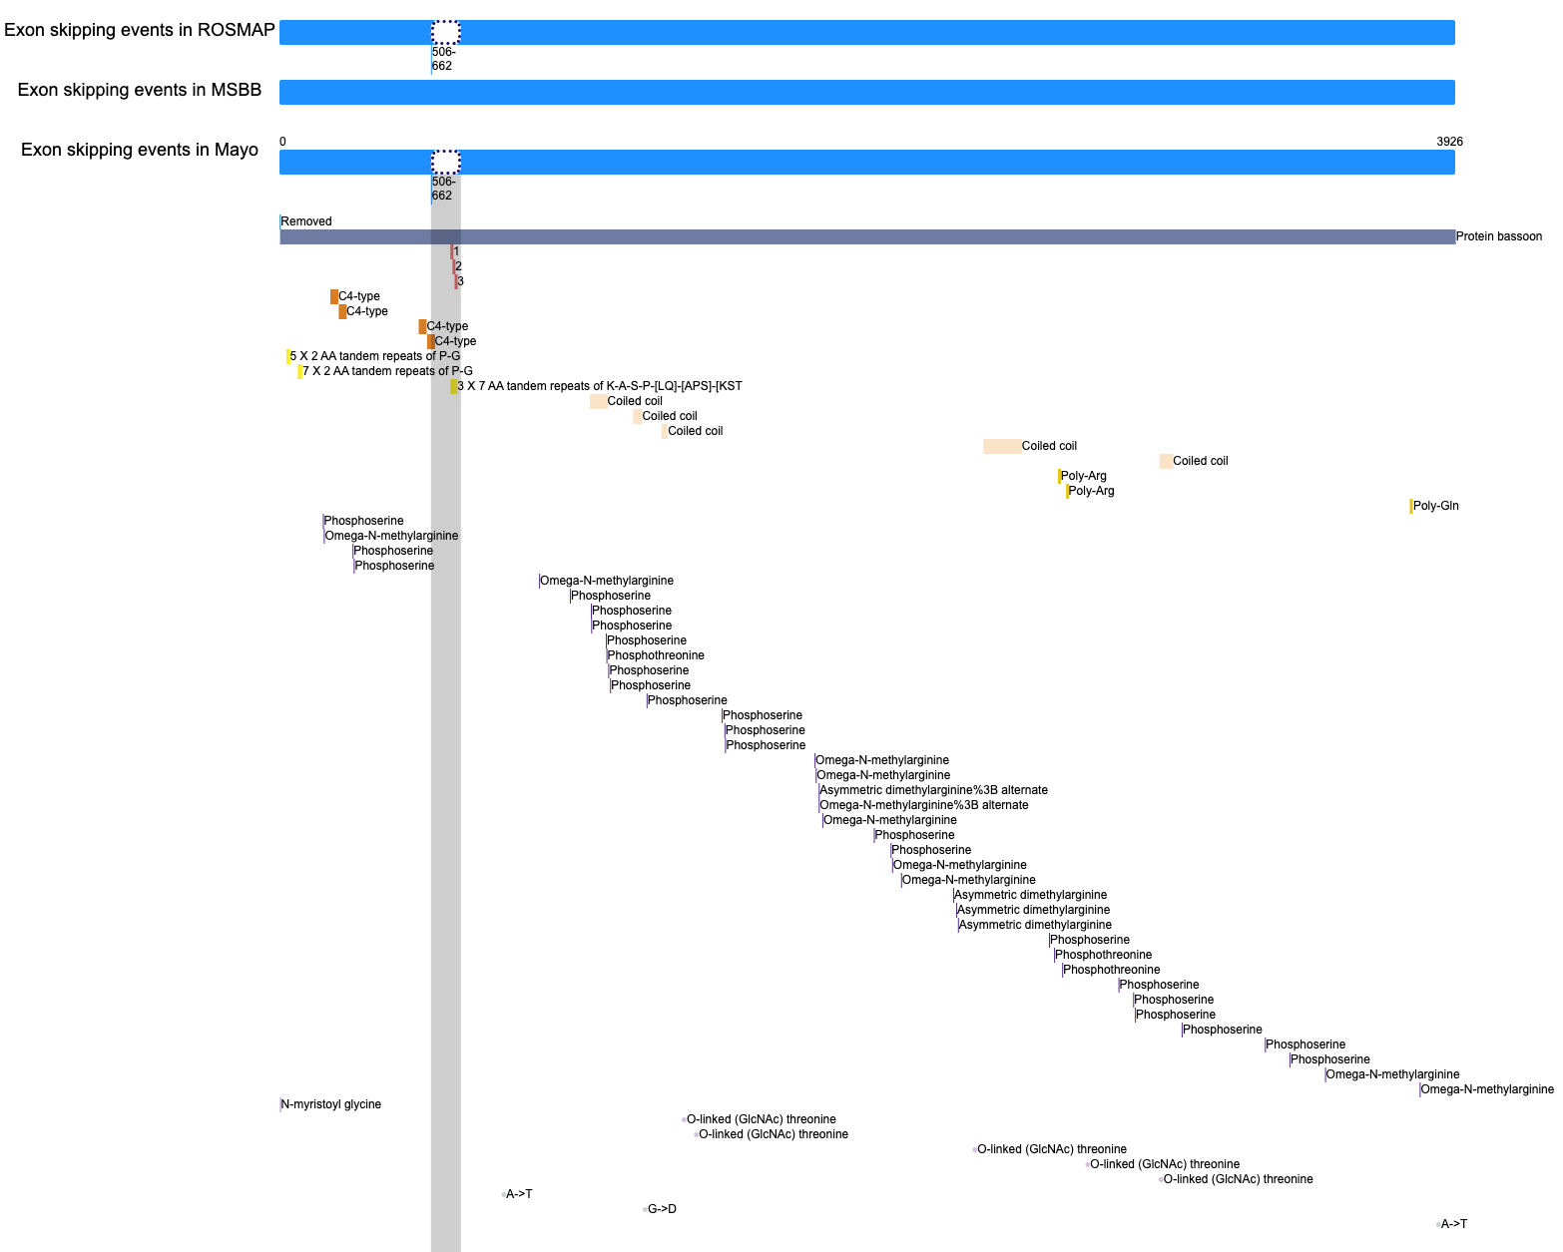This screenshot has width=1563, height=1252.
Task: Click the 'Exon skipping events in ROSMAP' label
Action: [140, 30]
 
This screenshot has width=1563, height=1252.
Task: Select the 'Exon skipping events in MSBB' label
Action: [140, 90]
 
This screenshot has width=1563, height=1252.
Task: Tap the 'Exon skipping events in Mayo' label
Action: [140, 150]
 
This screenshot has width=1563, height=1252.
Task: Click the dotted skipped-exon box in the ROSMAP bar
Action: [445, 33]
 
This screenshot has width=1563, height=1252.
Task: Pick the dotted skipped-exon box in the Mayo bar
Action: [445, 162]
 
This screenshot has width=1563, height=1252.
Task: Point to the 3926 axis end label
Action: [1449, 142]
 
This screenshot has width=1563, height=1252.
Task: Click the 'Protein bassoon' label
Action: [1498, 236]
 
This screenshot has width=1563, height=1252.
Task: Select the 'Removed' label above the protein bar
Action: [305, 221]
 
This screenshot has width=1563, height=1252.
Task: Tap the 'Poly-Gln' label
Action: [1435, 506]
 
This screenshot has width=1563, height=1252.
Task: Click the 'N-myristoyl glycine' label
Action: [330, 1104]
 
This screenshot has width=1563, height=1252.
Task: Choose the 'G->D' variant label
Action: [662, 1209]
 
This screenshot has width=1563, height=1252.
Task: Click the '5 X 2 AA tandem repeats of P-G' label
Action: [374, 356]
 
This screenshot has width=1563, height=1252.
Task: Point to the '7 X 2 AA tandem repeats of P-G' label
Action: [387, 371]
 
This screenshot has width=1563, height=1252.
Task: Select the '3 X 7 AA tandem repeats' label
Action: [599, 386]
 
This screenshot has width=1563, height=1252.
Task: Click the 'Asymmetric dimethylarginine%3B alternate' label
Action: [933, 790]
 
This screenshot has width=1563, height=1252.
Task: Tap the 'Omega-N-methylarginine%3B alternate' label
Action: [924, 805]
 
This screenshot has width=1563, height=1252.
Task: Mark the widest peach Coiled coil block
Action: [1002, 447]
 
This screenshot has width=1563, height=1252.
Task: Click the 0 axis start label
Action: [282, 142]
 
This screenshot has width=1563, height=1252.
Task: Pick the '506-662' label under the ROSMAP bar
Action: [443, 59]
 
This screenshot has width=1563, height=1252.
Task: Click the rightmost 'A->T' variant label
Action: [1453, 1224]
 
